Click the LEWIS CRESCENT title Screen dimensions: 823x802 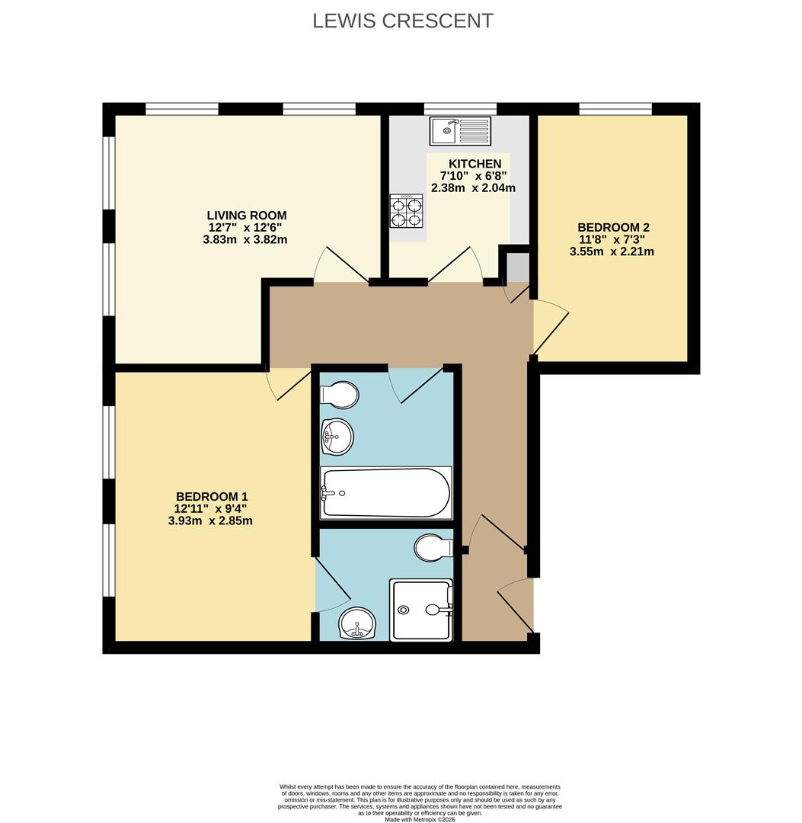coord(403,21)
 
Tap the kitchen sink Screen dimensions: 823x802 coord(460,130)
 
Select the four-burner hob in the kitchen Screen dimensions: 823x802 coord(406,212)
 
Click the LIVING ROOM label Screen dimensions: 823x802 coord(248,216)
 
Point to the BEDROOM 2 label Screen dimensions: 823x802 coord(613,227)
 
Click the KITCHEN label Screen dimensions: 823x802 coord(475,164)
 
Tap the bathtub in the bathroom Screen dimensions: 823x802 coord(386,493)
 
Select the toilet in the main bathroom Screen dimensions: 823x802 coord(340,395)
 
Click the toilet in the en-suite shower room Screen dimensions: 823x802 coord(434,547)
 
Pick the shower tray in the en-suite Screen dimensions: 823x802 coord(420,609)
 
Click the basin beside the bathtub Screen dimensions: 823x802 coord(338,437)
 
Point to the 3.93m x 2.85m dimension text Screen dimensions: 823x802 coord(210,521)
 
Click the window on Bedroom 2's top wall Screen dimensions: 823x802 coord(615,108)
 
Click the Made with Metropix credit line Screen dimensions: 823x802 coord(420,820)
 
